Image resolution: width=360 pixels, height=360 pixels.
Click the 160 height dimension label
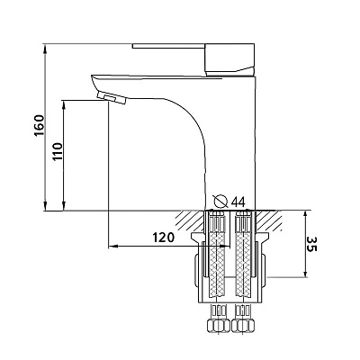[39, 125]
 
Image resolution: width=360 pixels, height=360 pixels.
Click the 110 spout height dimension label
[58, 151]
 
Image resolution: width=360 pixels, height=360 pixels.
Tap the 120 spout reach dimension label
[164, 238]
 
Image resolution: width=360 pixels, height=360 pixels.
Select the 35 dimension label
[311, 244]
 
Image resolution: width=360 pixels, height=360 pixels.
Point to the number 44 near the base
[238, 202]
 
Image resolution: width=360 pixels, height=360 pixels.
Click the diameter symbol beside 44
[220, 201]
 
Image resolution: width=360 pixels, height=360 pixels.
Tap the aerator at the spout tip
[112, 97]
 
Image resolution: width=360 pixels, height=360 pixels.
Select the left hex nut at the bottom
[218, 325]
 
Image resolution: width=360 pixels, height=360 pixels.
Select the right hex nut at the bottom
[244, 325]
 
